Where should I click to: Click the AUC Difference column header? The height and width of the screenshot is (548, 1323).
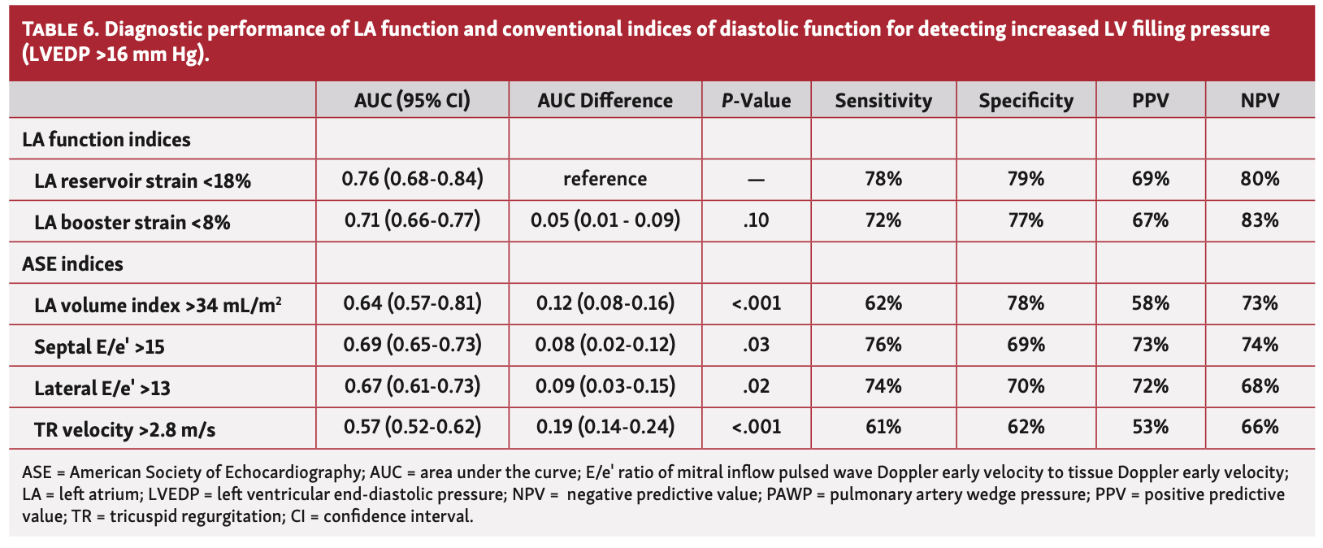click(605, 101)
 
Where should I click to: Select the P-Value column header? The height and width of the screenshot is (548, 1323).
click(756, 101)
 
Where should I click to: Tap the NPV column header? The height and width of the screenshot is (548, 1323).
click(1259, 101)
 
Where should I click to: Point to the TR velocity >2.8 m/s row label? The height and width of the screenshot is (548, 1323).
click(124, 429)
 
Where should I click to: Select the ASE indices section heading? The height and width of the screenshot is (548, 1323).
click(73, 263)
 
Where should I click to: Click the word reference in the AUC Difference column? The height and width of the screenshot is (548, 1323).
click(605, 179)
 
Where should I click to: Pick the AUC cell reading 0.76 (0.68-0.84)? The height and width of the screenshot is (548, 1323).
click(412, 179)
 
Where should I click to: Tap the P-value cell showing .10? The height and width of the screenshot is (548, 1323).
click(756, 220)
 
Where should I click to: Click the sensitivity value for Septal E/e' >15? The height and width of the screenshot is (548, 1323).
click(883, 345)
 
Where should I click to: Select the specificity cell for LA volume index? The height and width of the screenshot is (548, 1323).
click(1026, 303)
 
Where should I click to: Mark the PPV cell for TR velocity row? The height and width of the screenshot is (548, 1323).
click(1150, 427)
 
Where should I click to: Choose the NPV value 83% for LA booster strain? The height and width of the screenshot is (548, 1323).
click(1260, 220)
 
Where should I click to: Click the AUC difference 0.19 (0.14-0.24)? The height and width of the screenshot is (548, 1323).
click(605, 427)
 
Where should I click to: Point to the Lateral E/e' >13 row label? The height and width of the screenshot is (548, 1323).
click(102, 388)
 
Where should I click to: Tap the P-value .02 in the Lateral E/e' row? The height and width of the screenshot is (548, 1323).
click(756, 386)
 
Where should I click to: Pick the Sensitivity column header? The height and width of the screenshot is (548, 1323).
click(883, 101)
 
